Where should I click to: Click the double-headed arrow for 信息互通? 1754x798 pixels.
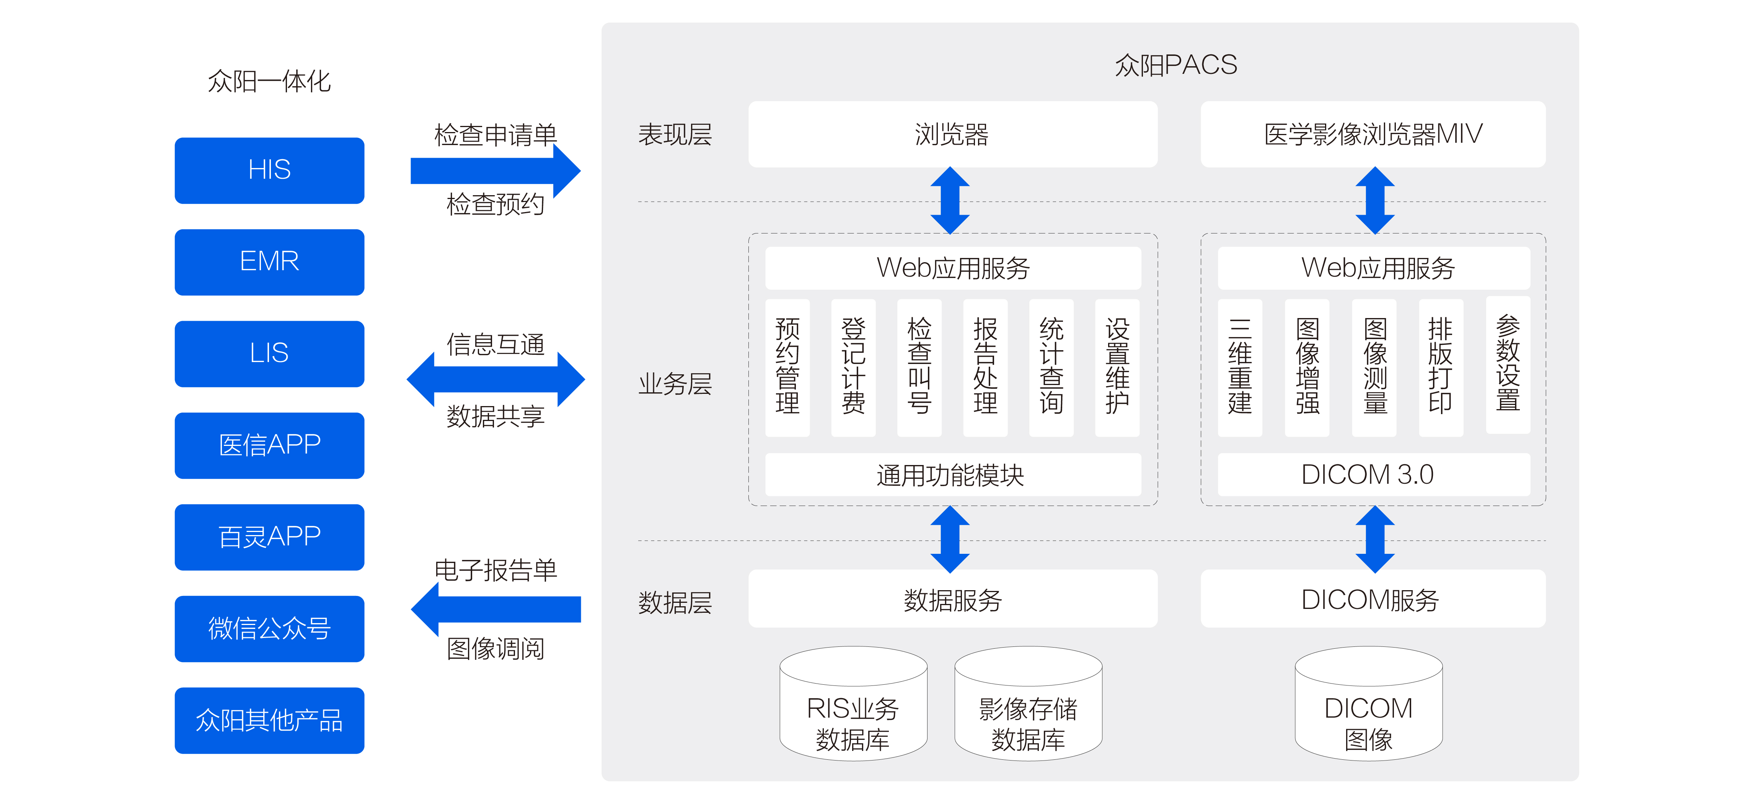pos(495,379)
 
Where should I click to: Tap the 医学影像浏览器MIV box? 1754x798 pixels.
pos(1372,134)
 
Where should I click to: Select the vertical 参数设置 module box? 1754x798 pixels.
pos(1508,365)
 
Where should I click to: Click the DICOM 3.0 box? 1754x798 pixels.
pos(1372,475)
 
